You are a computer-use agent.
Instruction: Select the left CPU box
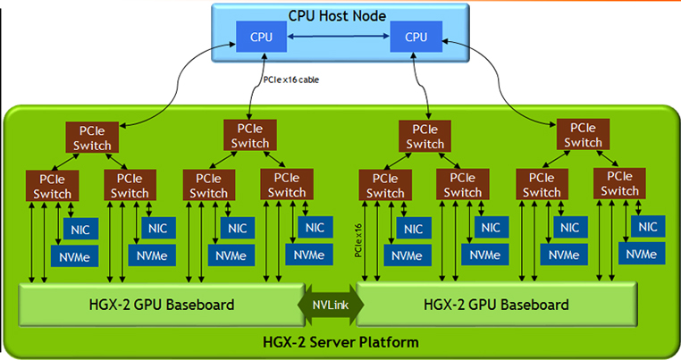(x=261, y=38)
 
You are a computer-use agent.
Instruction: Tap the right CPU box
(x=416, y=38)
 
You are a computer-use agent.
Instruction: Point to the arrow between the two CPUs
(x=338, y=38)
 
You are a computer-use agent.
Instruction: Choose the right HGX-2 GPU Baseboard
(x=497, y=305)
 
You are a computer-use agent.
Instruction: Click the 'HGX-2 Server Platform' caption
(x=339, y=342)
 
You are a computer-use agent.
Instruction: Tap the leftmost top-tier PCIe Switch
(x=88, y=137)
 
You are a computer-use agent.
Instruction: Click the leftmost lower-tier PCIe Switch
(x=53, y=185)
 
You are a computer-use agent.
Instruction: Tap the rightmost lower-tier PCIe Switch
(x=619, y=184)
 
